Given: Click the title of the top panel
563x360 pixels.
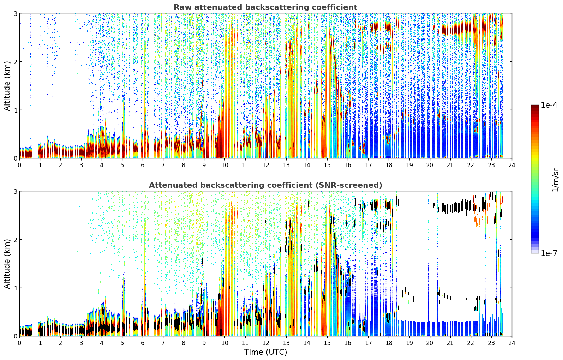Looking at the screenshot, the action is point(265,7).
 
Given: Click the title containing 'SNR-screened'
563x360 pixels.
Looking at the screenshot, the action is point(265,185).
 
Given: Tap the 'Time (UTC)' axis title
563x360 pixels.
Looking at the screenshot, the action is point(265,352).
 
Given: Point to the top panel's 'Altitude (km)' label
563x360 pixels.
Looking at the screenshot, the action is point(7,86).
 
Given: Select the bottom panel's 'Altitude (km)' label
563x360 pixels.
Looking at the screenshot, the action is point(7,264).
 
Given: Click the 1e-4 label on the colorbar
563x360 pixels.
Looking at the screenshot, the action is point(549,105).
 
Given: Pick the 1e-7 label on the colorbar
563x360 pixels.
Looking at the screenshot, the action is point(549,253).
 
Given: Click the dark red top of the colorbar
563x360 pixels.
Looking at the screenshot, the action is point(535,106).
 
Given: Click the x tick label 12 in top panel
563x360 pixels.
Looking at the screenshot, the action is point(266,165).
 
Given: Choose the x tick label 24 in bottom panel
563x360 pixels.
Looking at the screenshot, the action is point(512,343).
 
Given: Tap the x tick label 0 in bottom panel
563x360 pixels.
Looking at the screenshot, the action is point(20,343).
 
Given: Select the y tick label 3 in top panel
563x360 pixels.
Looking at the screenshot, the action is point(15,13).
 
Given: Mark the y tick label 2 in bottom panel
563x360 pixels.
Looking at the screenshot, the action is point(15,240).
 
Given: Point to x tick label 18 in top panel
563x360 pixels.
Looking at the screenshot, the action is point(389,165).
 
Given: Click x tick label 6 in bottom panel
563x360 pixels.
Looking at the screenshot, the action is point(143,343).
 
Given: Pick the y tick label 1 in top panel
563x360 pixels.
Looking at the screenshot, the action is point(15,110).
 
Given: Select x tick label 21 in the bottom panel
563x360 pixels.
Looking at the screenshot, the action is point(450,343).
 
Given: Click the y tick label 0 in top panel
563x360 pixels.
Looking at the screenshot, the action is point(15,158).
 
